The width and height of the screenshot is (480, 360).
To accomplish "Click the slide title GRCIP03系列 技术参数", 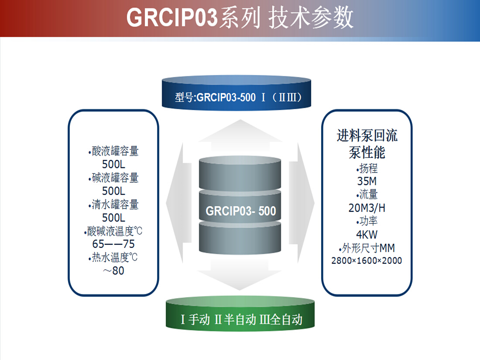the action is [240, 18].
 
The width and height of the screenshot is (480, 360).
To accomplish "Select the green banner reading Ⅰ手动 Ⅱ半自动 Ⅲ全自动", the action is [240, 314].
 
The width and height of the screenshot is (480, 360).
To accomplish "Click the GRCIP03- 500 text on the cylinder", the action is [240, 211].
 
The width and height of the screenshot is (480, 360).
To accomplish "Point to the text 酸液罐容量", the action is [115, 151].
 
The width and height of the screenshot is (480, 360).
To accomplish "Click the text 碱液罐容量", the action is [115, 178].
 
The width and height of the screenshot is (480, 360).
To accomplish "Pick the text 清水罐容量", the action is [115, 204].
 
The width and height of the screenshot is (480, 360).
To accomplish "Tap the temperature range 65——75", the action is [113, 244].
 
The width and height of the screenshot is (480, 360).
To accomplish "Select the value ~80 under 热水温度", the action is [113, 270].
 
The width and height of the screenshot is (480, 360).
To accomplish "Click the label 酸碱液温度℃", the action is [115, 231].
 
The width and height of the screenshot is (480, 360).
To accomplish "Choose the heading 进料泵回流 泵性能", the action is [367, 144].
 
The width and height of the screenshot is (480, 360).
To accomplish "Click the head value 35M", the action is [367, 181].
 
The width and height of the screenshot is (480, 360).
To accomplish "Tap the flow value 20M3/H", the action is [367, 208].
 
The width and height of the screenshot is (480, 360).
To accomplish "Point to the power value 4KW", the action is [367, 234].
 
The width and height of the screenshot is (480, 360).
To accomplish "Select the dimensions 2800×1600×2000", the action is [367, 261].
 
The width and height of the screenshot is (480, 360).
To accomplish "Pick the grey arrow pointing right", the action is [302, 203].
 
